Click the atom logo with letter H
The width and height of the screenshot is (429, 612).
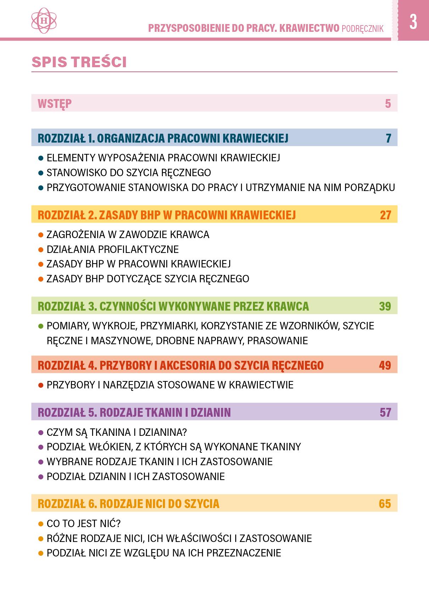[44, 21]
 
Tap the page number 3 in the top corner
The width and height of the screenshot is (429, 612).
[413, 22]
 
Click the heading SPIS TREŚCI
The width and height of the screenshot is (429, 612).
[79, 62]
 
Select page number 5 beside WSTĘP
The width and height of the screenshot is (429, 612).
[388, 104]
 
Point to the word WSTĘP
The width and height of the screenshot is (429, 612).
[55, 104]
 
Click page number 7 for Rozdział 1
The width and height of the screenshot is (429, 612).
[388, 138]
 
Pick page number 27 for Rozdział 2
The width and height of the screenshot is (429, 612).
[385, 215]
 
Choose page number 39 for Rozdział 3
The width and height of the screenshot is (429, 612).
[385, 306]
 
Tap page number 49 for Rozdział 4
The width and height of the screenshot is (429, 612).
[385, 365]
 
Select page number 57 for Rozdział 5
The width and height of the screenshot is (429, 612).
[385, 412]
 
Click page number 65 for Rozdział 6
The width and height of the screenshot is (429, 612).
[385, 504]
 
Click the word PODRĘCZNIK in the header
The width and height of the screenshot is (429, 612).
[362, 29]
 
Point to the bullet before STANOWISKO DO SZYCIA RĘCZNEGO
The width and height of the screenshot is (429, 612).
[40, 173]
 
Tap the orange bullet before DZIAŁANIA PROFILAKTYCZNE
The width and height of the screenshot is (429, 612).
[40, 250]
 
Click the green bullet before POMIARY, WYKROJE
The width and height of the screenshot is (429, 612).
[40, 326]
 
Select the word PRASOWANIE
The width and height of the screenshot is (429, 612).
[277, 341]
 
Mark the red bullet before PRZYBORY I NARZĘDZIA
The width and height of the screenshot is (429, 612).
[40, 385]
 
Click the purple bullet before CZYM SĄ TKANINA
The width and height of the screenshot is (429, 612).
[40, 432]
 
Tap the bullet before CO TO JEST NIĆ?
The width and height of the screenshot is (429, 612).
[40, 524]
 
